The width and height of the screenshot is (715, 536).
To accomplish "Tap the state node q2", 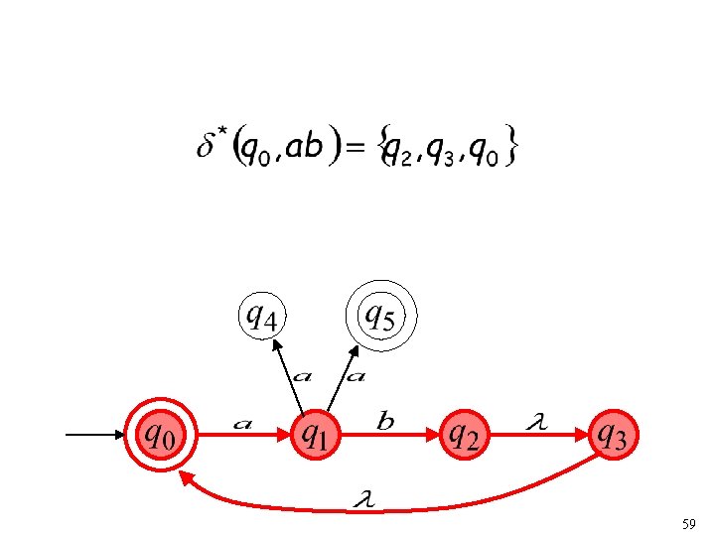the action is (x=465, y=434).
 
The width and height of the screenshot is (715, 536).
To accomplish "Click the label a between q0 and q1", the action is (x=241, y=424).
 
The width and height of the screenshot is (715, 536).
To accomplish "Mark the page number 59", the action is (x=690, y=522).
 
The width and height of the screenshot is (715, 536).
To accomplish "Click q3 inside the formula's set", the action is (x=444, y=150).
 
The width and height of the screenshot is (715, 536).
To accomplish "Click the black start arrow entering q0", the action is (x=94, y=435).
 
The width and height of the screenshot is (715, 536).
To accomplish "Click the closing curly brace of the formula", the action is (x=510, y=148).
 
